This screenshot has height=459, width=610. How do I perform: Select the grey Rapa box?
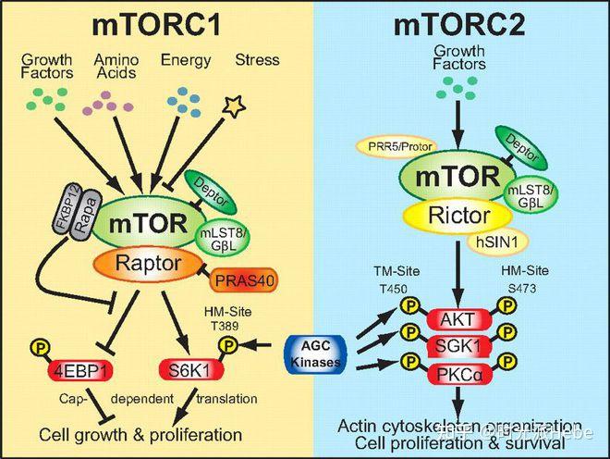pos(86,221)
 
